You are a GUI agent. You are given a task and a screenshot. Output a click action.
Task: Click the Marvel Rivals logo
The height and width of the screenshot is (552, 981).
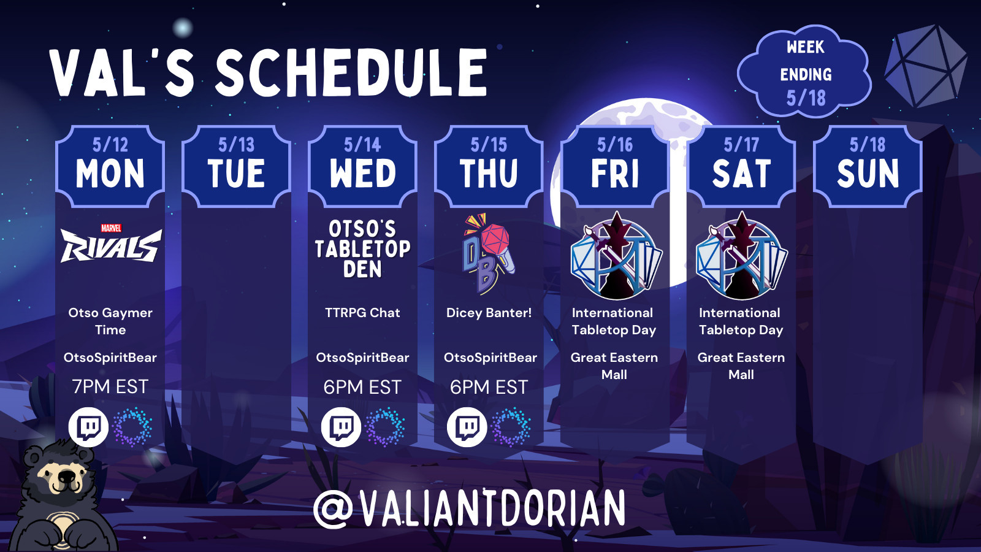tap(111, 243)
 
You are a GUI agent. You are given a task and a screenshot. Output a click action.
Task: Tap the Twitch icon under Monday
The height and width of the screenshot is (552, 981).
tap(88, 427)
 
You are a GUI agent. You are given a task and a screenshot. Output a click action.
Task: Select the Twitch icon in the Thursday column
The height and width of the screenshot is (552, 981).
tap(467, 427)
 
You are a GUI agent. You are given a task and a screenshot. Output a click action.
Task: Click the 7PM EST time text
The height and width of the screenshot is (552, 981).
tap(110, 387)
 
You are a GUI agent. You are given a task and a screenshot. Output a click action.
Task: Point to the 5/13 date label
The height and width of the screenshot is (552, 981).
tap(237, 145)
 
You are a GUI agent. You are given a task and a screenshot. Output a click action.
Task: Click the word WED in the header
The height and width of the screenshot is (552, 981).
tap(362, 174)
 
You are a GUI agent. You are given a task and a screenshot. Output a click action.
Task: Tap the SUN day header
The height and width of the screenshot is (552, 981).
tap(868, 174)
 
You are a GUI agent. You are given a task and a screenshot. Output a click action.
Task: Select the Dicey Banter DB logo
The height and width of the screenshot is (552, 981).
tap(488, 254)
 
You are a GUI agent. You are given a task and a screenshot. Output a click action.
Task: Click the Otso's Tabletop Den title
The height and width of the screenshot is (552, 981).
tap(362, 249)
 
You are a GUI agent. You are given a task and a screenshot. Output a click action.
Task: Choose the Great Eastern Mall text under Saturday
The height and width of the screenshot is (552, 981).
tap(741, 366)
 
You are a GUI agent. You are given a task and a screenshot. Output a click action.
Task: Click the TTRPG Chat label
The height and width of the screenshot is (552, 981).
tap(362, 313)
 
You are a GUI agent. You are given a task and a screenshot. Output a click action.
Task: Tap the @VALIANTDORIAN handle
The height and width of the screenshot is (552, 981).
tap(469, 509)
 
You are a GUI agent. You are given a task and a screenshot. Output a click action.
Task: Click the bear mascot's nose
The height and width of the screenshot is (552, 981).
tap(67, 476)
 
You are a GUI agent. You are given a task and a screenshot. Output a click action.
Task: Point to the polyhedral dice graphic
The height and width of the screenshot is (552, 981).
tap(926, 66)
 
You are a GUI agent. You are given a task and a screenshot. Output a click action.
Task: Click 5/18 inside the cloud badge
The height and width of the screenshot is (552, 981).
tap(806, 98)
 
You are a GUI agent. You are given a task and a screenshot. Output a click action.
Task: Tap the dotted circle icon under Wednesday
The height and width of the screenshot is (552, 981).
tap(385, 427)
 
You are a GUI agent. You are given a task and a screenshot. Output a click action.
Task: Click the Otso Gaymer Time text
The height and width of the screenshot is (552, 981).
tap(110, 321)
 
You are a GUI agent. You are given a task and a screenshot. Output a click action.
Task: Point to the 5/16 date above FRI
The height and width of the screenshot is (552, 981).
tap(615, 145)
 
